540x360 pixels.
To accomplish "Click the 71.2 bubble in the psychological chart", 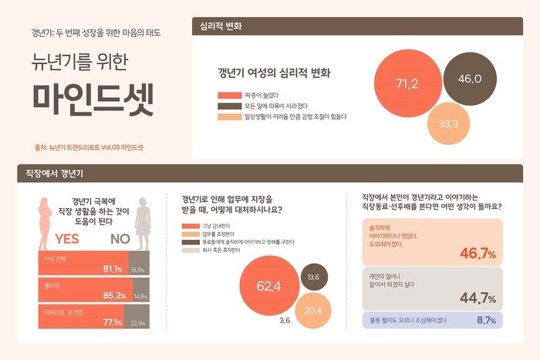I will coord(407,82).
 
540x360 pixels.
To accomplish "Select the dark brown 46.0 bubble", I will coord(469,79).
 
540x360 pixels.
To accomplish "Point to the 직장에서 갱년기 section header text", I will coord(49,173).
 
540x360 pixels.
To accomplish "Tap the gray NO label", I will coord(120,239).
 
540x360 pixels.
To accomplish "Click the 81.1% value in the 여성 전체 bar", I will coord(113,269).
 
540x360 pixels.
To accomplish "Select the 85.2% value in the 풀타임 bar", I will coord(113,295).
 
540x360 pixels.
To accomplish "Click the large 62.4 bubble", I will coord(268,287).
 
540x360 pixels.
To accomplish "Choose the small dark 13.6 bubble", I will coord(313,277).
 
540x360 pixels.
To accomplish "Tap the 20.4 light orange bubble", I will coord(312,311).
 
